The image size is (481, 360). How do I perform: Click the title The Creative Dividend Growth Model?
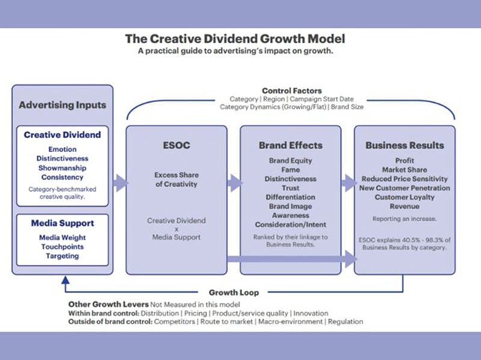(235, 39)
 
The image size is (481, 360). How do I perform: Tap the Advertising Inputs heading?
(63, 105)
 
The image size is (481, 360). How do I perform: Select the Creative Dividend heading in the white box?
(63, 135)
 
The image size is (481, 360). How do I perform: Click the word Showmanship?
(63, 168)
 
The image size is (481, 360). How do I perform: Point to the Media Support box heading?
(63, 224)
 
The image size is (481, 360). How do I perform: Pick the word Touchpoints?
(63, 246)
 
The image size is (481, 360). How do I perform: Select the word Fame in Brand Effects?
(290, 170)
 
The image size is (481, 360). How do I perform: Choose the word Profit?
(405, 161)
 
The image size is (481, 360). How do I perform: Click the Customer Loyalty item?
(405, 197)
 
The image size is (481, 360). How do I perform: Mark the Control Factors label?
(292, 91)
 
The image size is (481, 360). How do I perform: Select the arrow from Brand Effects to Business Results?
(348, 183)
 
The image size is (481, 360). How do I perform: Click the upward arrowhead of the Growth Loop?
(64, 279)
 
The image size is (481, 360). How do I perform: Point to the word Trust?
(290, 188)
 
